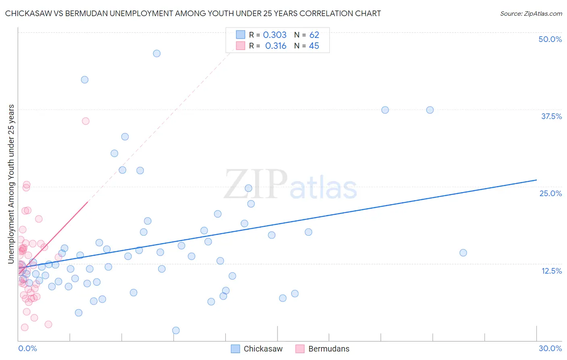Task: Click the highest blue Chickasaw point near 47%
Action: tap(157, 53)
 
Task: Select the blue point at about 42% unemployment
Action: tap(85, 80)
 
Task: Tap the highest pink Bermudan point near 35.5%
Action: tap(85, 121)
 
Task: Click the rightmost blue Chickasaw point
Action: tap(463, 253)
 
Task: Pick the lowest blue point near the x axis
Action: tap(176, 330)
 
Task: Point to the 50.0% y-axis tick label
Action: tap(550, 39)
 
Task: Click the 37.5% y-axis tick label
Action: tap(551, 116)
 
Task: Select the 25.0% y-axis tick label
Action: tap(550, 193)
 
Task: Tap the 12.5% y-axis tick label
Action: tap(551, 271)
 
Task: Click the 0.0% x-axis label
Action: tap(27, 348)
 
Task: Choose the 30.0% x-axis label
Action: tap(550, 348)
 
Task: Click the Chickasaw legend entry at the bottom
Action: tap(263, 349)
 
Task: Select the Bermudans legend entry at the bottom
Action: tap(329, 349)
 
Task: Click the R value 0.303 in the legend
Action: tap(275, 35)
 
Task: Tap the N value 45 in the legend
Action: tap(314, 46)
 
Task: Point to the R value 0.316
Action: tap(275, 46)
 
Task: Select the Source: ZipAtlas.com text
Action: tap(531, 13)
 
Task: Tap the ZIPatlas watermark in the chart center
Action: tap(290, 185)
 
